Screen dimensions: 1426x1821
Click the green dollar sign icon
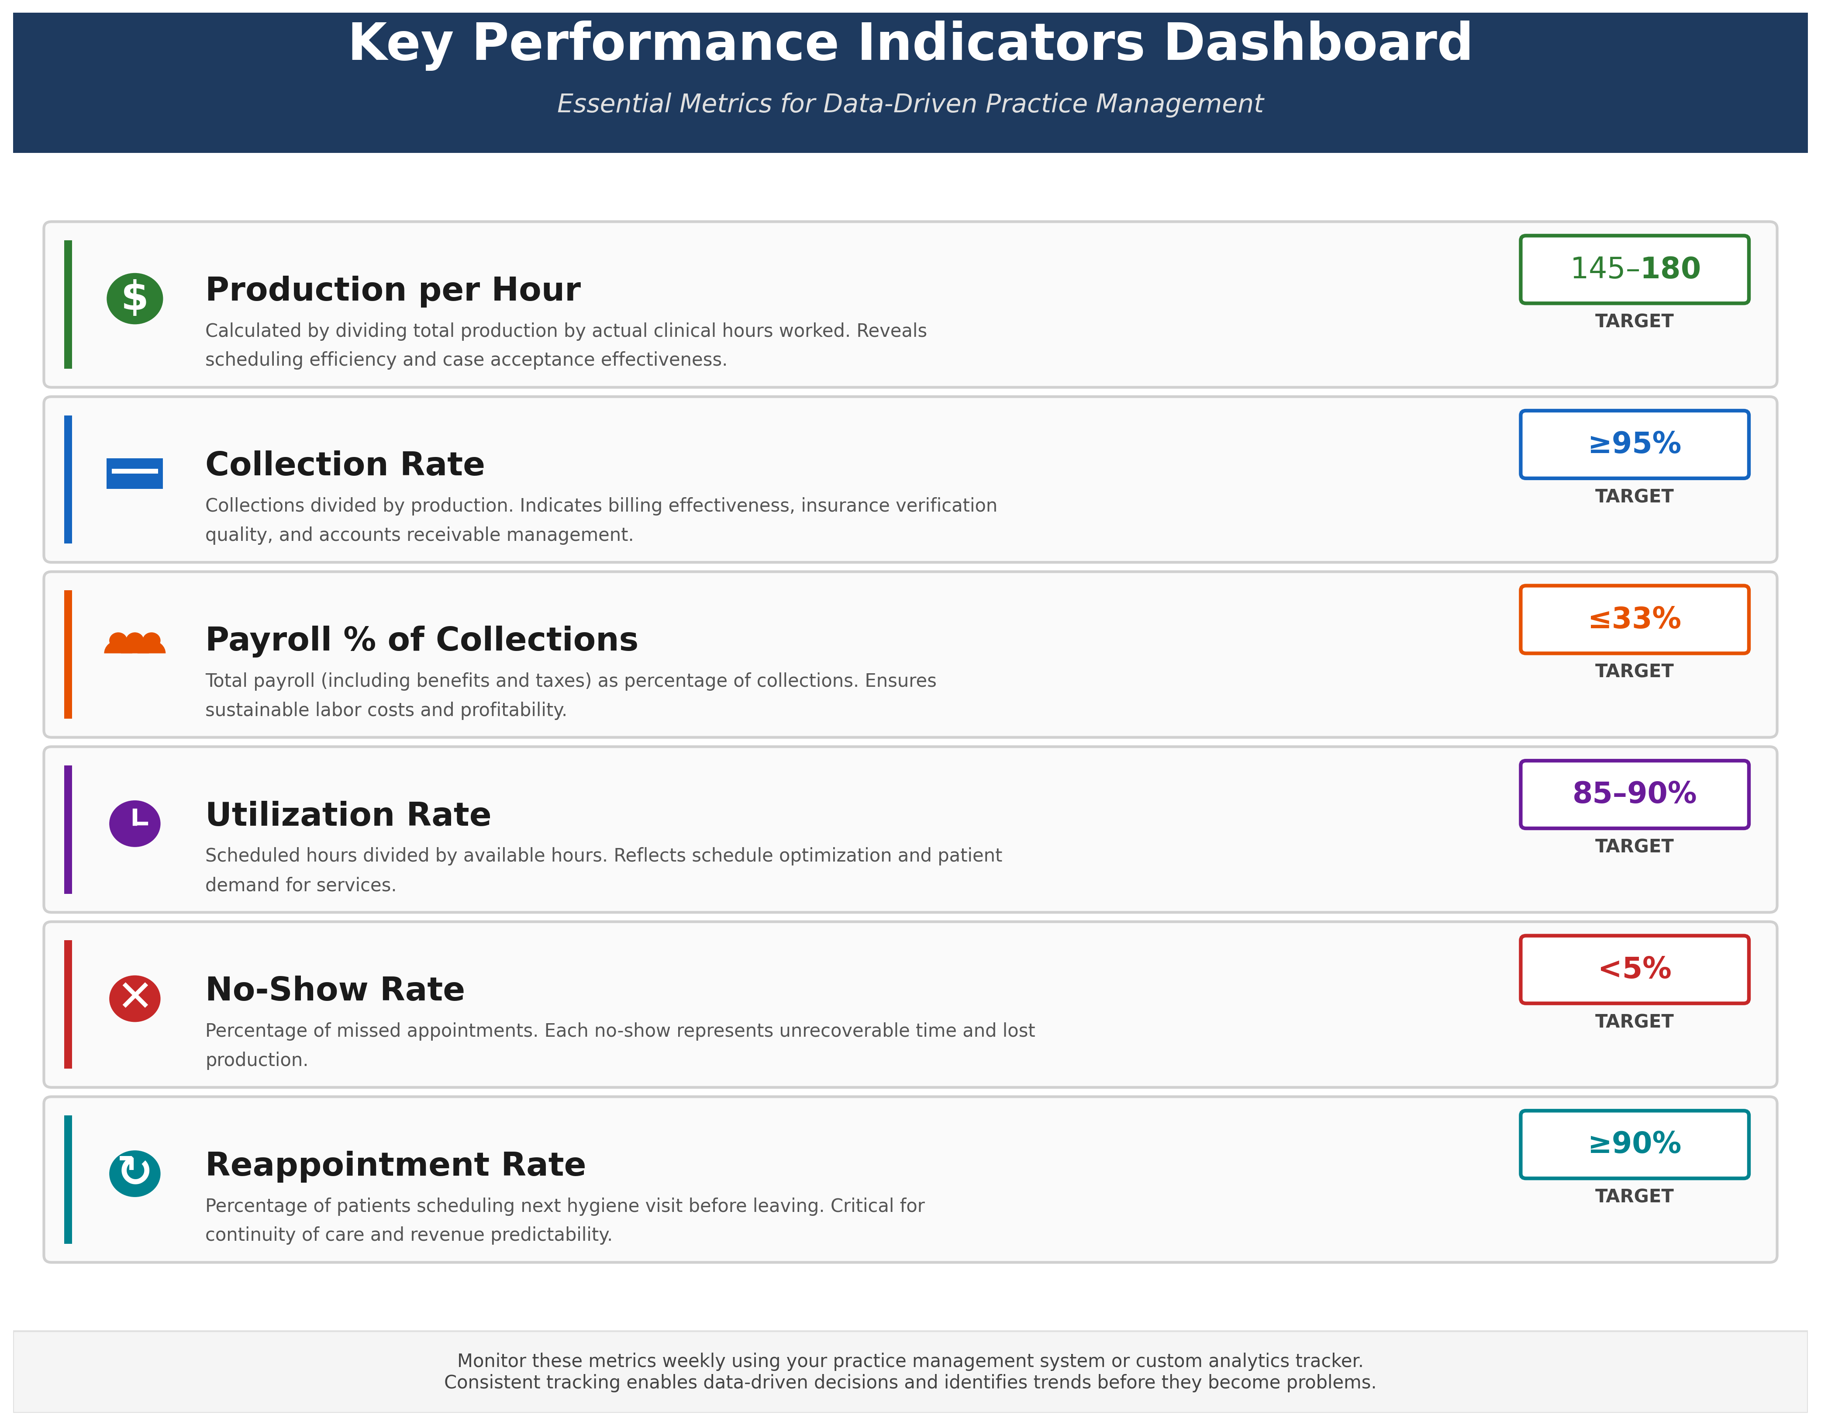135,298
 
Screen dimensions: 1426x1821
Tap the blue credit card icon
135,474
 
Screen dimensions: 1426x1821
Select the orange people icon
135,642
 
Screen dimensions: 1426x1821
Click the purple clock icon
135,823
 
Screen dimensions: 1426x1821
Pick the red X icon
135,998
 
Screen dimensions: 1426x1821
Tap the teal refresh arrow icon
135,1173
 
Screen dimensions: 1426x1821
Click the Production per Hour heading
392,290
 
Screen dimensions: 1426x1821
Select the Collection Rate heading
345,464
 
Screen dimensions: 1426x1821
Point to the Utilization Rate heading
348,815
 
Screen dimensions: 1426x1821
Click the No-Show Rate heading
335,990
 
